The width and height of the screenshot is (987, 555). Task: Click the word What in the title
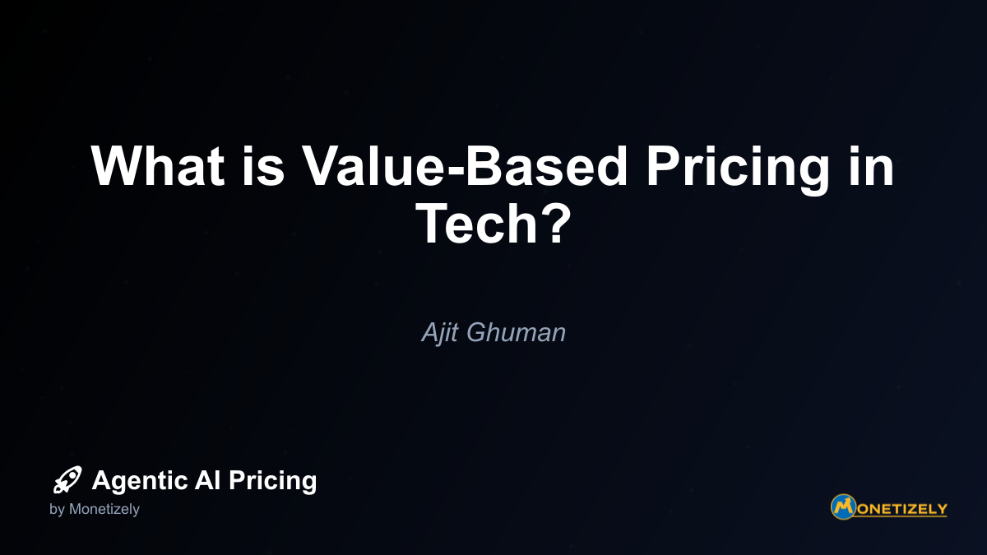157,165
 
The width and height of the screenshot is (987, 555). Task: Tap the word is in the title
263,165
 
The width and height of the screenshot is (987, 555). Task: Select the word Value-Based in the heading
465,165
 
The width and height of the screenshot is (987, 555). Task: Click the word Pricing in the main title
738,170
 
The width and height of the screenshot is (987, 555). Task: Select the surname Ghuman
516,332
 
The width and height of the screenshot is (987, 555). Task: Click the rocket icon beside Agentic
67,479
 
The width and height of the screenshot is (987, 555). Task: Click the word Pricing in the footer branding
272,481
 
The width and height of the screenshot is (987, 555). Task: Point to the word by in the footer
57,510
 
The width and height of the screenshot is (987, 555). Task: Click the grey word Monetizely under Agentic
104,510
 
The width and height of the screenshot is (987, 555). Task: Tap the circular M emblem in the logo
843,506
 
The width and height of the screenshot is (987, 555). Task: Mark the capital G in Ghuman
477,332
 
